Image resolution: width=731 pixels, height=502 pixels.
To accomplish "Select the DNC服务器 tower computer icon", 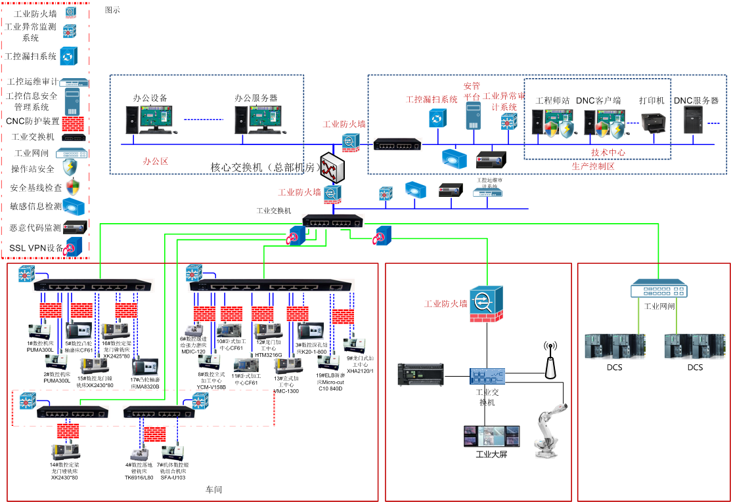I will (693, 119).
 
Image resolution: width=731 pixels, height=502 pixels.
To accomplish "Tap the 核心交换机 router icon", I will (331, 170).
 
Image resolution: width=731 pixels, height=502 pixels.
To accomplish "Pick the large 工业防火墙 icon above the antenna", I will (485, 303).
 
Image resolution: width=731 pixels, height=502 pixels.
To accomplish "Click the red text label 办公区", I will (156, 161).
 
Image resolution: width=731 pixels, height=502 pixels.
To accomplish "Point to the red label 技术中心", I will (608, 152).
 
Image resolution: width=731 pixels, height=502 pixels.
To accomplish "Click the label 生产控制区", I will (593, 167).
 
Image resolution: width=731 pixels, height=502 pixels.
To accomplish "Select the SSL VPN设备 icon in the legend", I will (72, 247).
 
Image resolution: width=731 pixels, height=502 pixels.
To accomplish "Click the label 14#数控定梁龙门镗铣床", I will (64, 471).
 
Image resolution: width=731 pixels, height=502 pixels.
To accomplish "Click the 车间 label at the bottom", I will (214, 490).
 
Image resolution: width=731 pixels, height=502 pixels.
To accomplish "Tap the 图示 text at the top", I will (112, 10).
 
